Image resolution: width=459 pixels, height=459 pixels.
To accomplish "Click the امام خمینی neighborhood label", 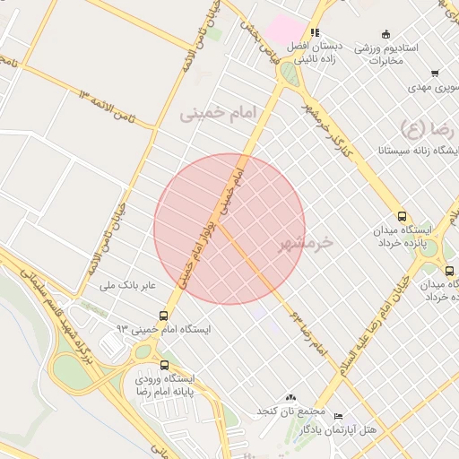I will pos(218,113).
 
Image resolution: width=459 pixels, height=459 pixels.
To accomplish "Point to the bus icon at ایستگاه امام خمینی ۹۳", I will pos(163,316).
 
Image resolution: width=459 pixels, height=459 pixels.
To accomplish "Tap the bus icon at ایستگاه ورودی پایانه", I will pos(164,365).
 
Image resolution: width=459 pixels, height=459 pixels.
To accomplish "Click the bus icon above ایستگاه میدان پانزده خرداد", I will pos(401,216).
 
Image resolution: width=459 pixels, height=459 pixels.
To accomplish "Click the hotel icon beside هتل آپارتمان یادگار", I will pos(338,417).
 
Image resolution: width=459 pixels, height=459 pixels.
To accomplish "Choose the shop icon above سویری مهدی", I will pos(435,74).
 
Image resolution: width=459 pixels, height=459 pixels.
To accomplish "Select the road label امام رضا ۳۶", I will pos(308,332).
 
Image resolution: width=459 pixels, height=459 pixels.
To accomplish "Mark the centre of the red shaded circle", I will pos(229,229).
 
